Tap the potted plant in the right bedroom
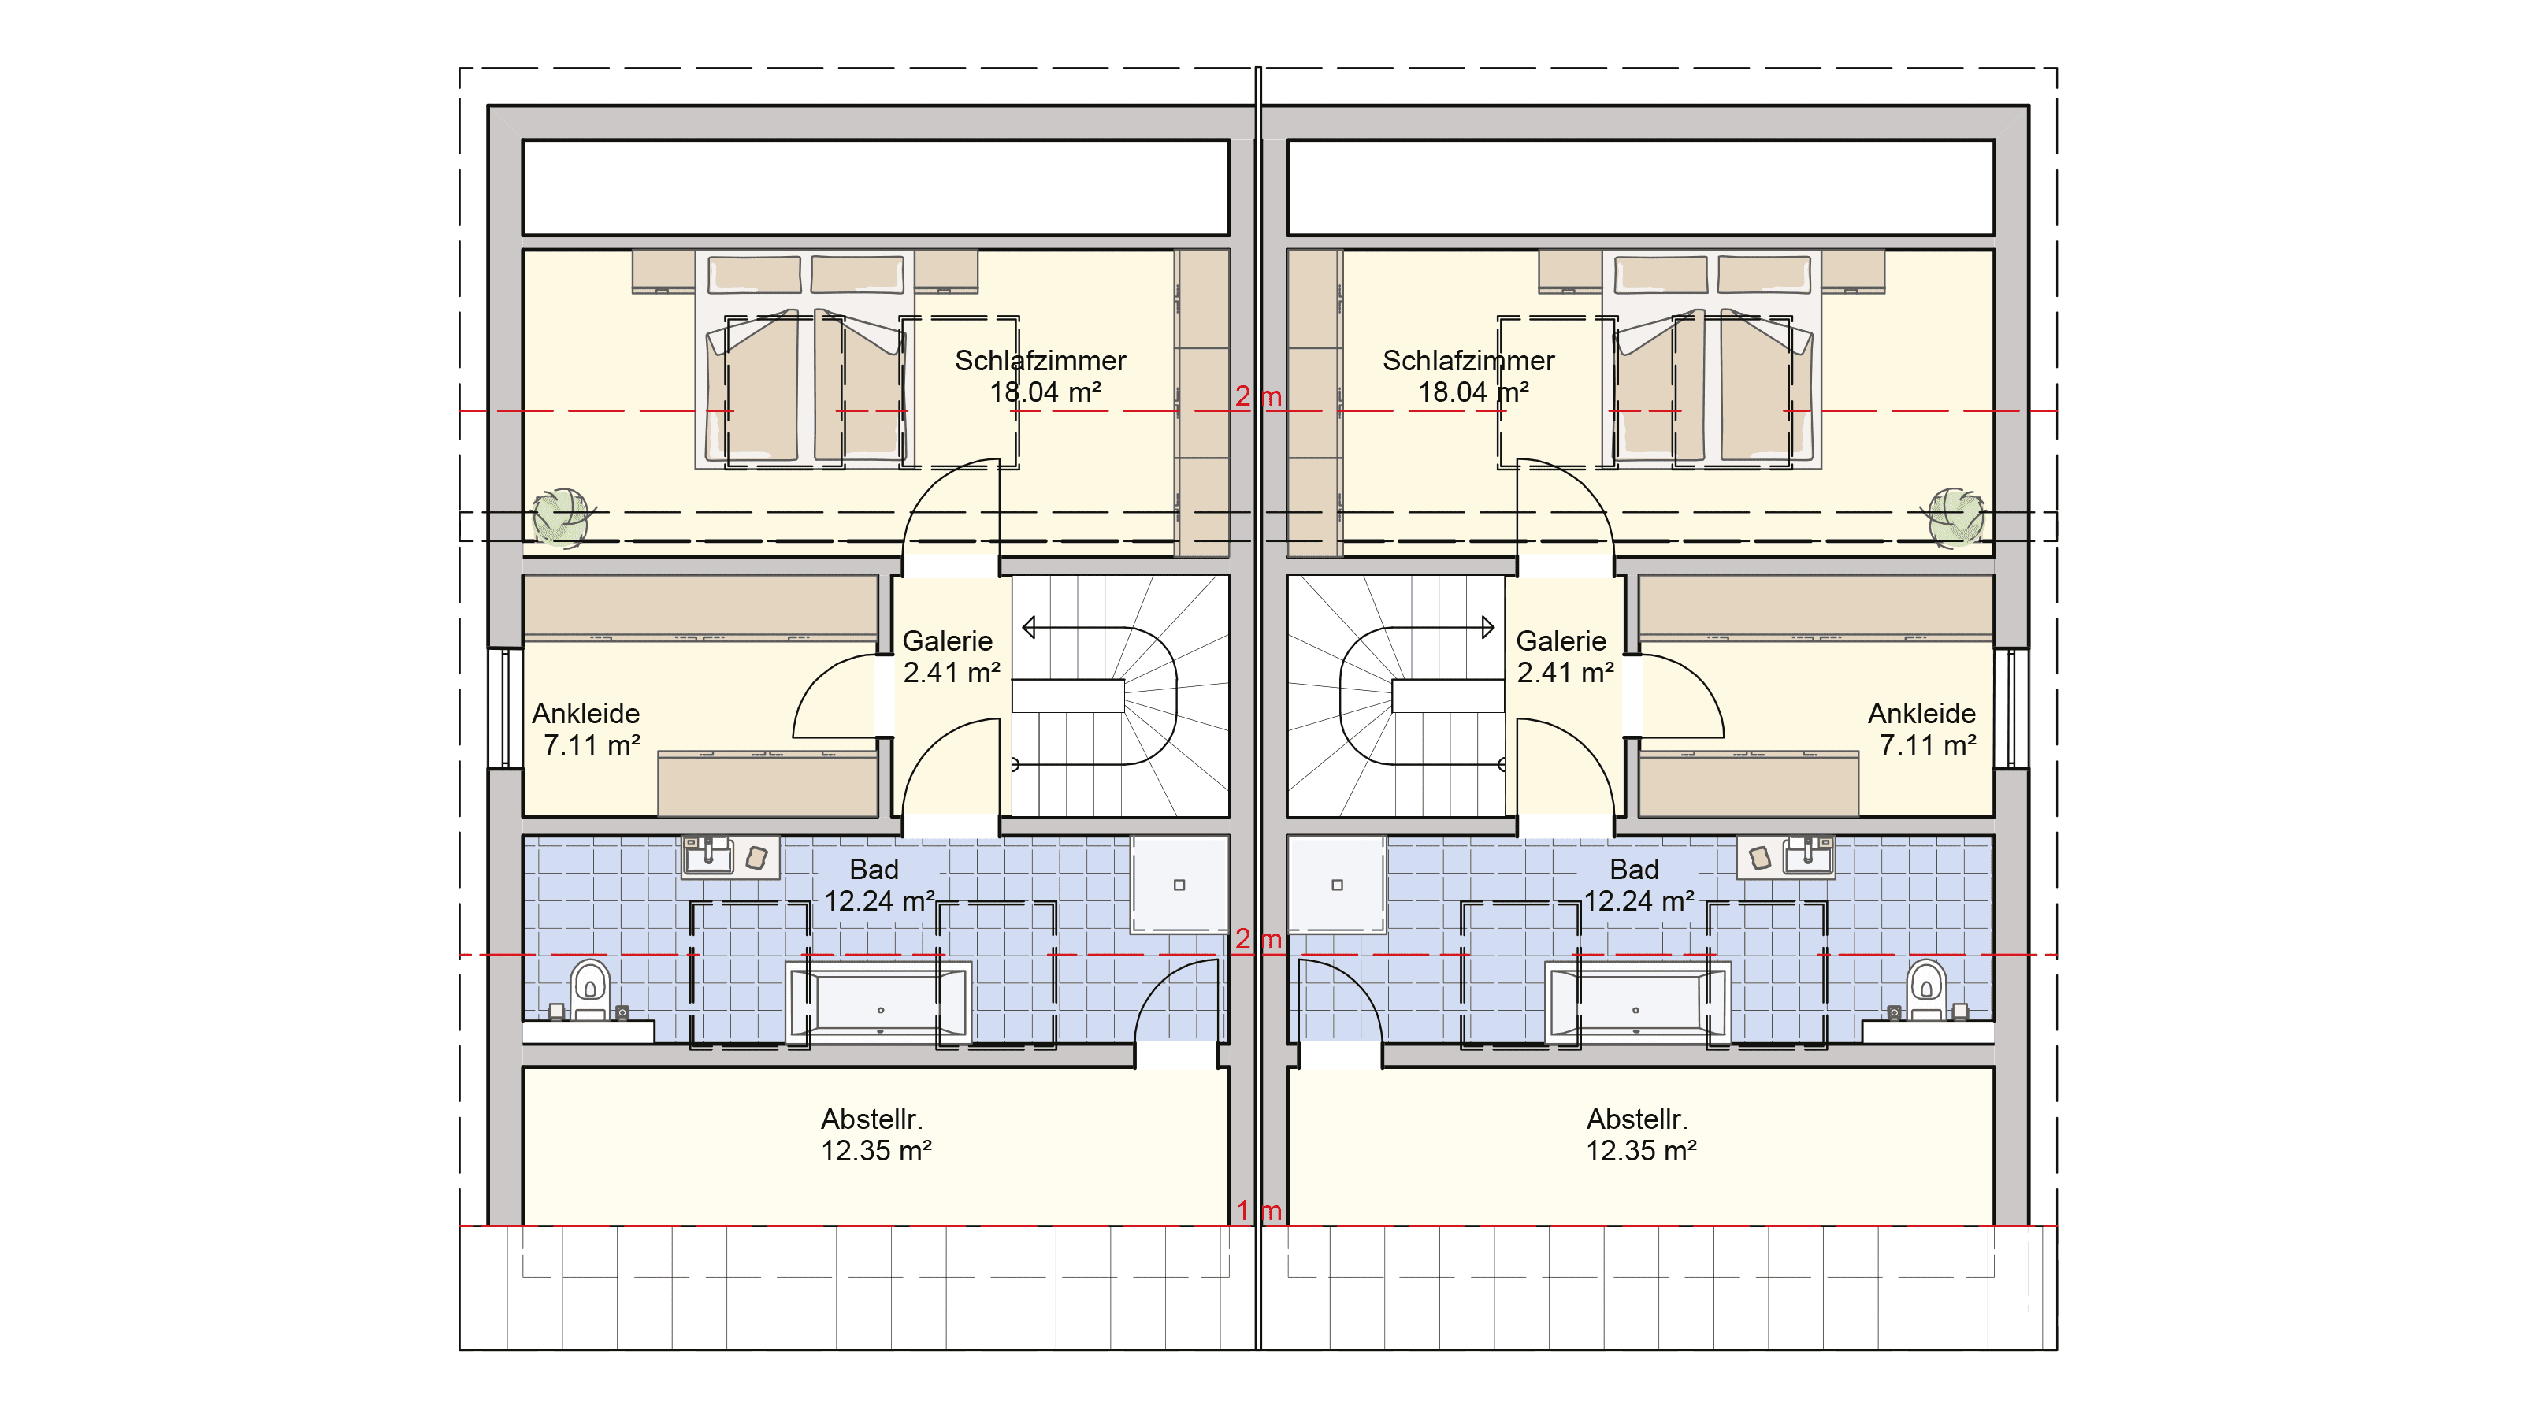[x=1955, y=516]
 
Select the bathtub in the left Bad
[x=880, y=1002]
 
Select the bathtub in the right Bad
[x=1637, y=1002]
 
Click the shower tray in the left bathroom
[x=1179, y=885]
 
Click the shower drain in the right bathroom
[x=1337, y=885]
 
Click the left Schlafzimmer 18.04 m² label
[x=1041, y=377]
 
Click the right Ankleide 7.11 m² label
[x=1924, y=729]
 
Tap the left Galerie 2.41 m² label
[x=950, y=657]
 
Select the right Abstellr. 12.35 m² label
[x=1640, y=1135]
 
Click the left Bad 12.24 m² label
[x=878, y=885]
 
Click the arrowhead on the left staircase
[x=1029, y=627]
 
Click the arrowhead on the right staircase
[x=1487, y=627]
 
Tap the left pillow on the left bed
[x=754, y=274]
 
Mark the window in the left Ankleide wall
[x=505, y=707]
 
